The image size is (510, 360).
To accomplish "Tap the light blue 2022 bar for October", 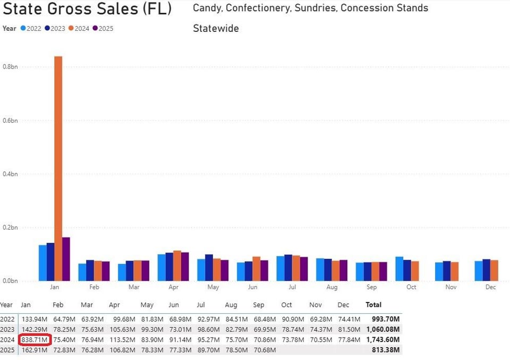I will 399,269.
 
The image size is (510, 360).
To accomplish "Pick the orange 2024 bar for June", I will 257,269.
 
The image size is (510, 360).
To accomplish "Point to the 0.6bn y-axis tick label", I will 10,121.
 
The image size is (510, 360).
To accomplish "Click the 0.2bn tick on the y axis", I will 10,228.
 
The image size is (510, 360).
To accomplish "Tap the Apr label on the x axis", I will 173,287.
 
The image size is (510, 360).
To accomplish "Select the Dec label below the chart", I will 490,287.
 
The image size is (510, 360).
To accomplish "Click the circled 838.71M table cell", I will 35,339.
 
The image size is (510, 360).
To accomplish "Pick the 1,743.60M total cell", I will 383,339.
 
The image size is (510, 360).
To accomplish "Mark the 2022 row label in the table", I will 7,319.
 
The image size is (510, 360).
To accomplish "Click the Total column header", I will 374,305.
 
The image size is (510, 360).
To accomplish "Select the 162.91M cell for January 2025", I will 35,349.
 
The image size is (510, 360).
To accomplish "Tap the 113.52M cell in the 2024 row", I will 121,339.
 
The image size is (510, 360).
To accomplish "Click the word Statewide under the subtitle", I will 216,29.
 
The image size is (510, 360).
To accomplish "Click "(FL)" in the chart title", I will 156,9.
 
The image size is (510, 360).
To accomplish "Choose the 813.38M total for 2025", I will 386,349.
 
